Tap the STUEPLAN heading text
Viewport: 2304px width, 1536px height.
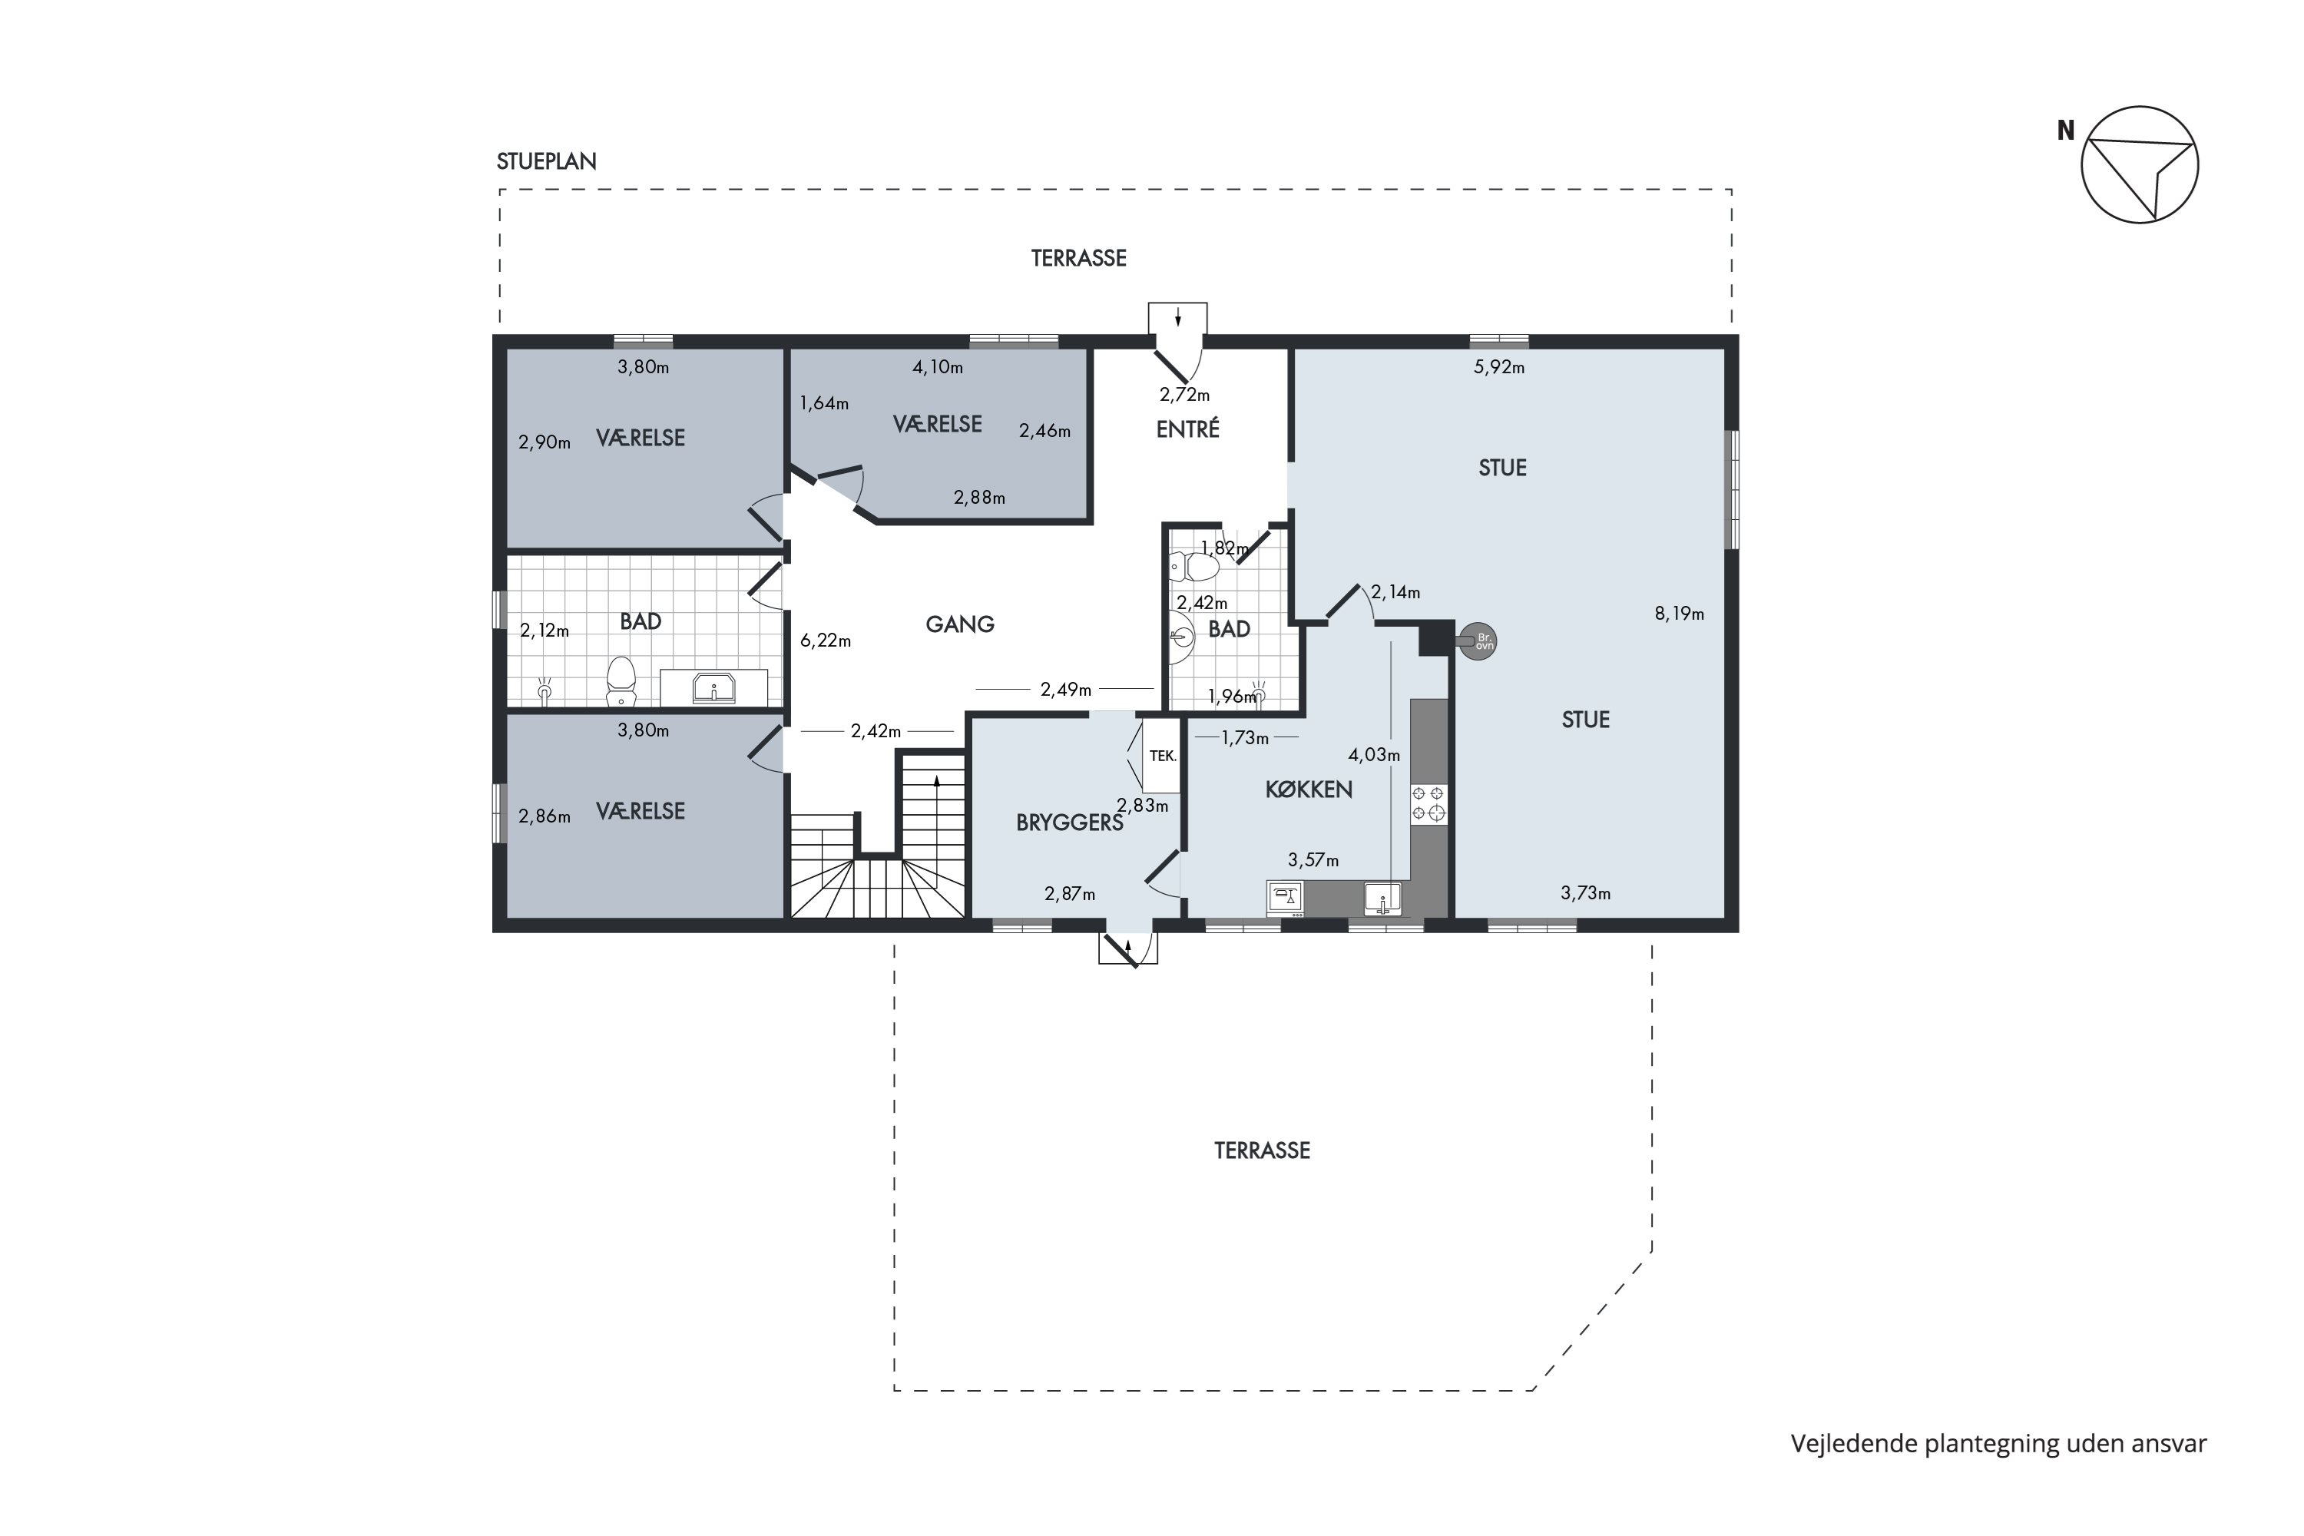point(547,161)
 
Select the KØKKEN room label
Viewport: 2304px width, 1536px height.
point(1309,790)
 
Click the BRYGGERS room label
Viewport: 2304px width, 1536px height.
point(1070,823)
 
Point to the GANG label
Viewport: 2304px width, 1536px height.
point(960,624)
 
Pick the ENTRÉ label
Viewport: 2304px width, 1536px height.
point(1187,429)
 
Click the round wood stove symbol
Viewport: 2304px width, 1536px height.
point(1478,641)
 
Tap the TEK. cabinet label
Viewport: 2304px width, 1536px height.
point(1163,756)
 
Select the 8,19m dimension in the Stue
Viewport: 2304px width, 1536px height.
point(1679,614)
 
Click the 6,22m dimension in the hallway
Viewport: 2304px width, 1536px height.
point(826,641)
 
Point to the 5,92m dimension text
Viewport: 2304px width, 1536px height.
point(1499,367)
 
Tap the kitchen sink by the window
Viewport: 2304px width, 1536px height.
point(1382,899)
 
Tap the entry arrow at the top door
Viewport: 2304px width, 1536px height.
point(1177,317)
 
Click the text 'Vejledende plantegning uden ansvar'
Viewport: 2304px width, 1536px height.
point(1998,1444)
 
